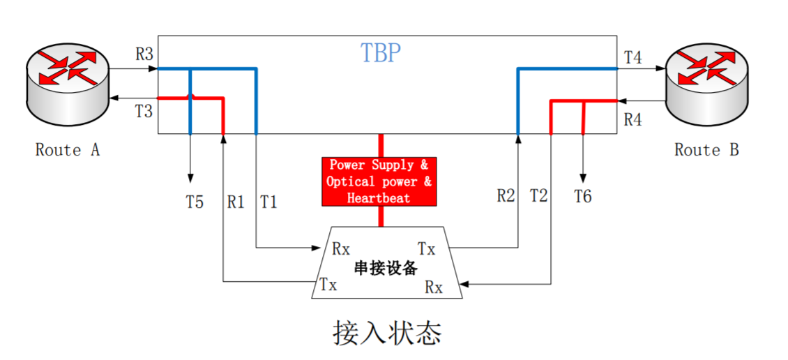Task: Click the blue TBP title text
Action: pos(381,53)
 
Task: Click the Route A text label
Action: pos(68,150)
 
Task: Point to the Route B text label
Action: pos(706,150)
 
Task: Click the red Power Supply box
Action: pos(379,181)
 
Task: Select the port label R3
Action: pos(144,54)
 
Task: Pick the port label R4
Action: pos(632,119)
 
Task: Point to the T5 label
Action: pos(195,202)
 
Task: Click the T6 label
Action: pos(583,197)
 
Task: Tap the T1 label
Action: pos(268,202)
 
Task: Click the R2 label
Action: pos(506,196)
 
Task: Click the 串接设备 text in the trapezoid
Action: pos(385,267)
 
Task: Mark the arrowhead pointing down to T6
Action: pos(584,177)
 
